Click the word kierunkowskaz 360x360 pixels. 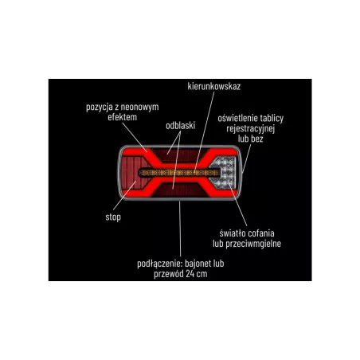[214, 87]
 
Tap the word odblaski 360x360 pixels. [181, 126]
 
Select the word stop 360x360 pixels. [113, 217]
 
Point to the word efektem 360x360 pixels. [123, 117]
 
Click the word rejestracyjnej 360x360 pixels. [251, 129]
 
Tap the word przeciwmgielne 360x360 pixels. [253, 244]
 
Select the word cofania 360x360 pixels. [260, 233]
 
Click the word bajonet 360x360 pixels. [197, 264]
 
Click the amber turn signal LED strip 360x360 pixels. [180, 173]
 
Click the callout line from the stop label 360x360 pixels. [124, 196]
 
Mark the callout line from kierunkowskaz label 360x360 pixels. [205, 131]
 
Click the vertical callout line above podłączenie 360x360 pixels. [180, 229]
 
